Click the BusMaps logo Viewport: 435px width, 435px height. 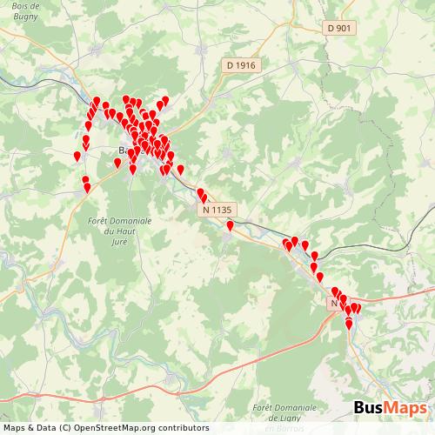(390, 409)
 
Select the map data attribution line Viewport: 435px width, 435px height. (105, 428)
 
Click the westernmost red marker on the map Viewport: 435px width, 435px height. (77, 156)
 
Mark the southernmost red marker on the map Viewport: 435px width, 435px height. (349, 325)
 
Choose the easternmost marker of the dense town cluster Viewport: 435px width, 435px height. (180, 169)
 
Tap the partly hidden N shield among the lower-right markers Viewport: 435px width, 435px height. (335, 303)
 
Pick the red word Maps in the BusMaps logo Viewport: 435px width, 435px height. (406, 409)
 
